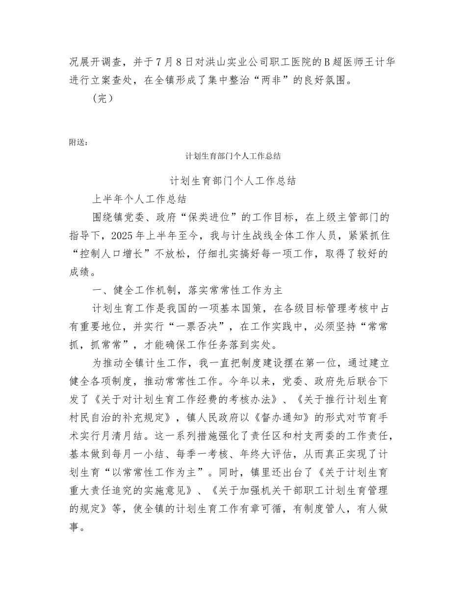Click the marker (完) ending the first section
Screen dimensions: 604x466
pos(103,99)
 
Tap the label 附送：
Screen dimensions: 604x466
pos(79,142)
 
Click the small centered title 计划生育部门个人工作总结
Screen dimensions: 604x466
pos(233,156)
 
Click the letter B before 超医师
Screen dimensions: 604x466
pos(324,62)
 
